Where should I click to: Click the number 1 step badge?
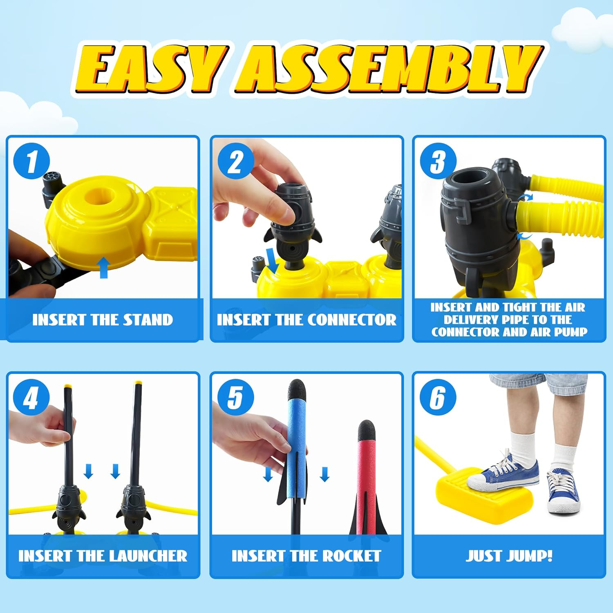[31, 161]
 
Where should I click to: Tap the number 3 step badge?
[438, 161]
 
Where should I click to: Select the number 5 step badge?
[235, 397]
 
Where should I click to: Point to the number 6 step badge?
[438, 397]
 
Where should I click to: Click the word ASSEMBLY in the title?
[388, 68]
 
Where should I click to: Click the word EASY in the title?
[151, 68]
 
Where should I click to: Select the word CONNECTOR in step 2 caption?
[351, 320]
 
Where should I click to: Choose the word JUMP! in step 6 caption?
[529, 556]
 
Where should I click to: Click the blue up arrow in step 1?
[104, 267]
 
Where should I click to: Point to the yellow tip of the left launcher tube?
[68, 385]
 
